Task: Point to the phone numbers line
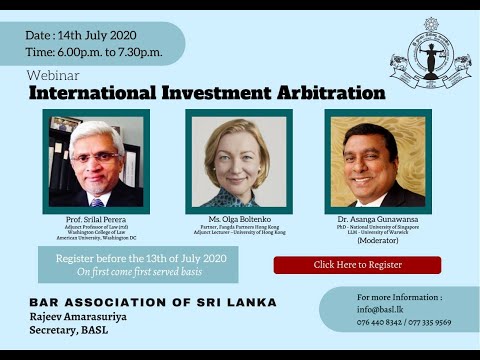click(x=403, y=322)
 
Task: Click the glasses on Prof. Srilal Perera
click(x=94, y=156)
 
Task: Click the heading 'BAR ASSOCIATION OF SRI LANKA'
click(x=153, y=301)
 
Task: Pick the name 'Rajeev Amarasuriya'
click(x=86, y=318)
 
